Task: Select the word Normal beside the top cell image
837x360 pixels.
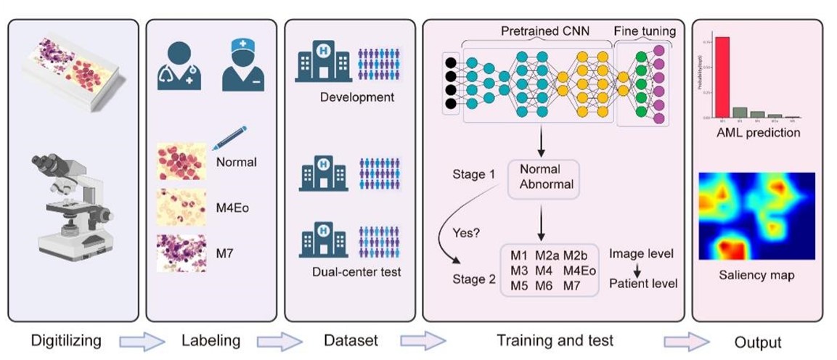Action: click(236, 162)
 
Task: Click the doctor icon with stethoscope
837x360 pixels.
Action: click(179, 65)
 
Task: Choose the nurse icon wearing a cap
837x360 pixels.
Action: click(242, 65)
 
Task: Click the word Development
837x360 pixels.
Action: click(356, 97)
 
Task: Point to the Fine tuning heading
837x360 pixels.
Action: click(645, 31)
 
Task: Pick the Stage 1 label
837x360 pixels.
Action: click(466, 175)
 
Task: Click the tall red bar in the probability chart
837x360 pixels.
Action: click(722, 77)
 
